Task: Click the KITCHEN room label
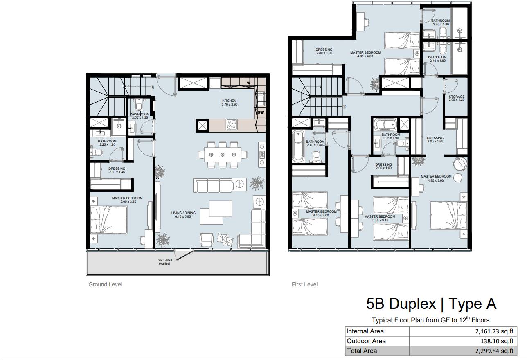pos(230,102)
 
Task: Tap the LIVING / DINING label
pos(183,215)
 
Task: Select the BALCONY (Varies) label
pos(164,262)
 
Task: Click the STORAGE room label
pos(457,98)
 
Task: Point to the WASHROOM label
pos(140,116)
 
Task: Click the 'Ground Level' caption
pos(105,284)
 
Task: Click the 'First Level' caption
pos(304,284)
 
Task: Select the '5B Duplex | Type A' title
pos(431,304)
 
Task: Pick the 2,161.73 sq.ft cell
pos(494,331)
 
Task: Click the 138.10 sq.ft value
pos(497,341)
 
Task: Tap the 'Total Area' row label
pos(362,351)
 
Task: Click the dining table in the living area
pos(223,155)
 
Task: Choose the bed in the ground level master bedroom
pos(109,220)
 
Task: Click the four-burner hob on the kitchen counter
pos(232,124)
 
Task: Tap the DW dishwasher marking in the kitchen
pos(261,112)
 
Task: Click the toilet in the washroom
pos(139,105)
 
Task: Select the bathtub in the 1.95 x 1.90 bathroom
pos(385,124)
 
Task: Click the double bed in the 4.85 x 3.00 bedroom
pos(448,216)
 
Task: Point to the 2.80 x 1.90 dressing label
pos(324,51)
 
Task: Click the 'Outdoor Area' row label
pos(366,341)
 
